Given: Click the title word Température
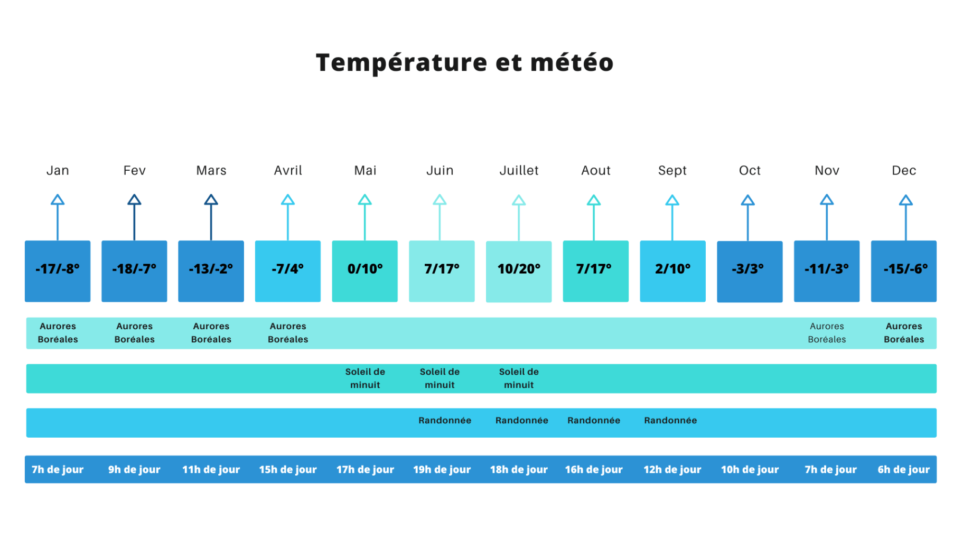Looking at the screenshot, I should [401, 62].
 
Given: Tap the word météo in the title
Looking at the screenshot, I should [572, 62].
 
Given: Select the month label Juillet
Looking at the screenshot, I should [519, 171].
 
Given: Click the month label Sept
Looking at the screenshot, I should [672, 171].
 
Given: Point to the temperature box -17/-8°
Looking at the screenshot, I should [58, 271].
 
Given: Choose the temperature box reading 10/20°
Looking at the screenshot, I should [519, 271].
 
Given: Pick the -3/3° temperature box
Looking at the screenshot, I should [749, 271].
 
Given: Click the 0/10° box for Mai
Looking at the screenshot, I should [364, 271].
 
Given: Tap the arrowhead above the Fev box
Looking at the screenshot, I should [134, 200].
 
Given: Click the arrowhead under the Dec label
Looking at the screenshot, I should [905, 200].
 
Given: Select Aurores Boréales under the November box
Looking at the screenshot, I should [827, 333].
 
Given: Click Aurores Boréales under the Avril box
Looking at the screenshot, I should [288, 333].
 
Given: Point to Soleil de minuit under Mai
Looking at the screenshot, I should [365, 378].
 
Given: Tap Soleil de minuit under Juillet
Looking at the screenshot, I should [519, 378].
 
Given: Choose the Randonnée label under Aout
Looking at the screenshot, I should [594, 421].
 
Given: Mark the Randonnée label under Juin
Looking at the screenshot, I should [445, 421].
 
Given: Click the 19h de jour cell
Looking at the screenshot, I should [442, 469].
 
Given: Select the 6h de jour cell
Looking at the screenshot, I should [903, 469].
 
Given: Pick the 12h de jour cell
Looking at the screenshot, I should [672, 469].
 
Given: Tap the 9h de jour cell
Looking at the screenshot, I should [134, 469].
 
